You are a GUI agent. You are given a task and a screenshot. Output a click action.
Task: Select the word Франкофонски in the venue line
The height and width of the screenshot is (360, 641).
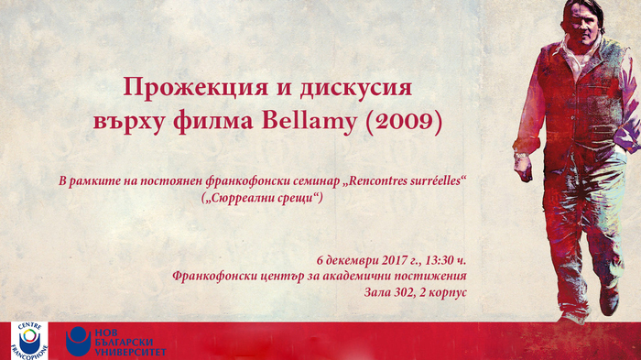[217, 276]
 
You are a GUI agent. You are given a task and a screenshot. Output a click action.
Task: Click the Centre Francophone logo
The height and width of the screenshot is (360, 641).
[29, 339]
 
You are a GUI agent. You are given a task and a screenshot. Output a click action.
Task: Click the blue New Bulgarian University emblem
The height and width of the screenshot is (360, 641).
[79, 340]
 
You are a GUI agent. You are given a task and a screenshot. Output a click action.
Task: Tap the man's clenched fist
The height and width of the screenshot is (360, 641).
[522, 169]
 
